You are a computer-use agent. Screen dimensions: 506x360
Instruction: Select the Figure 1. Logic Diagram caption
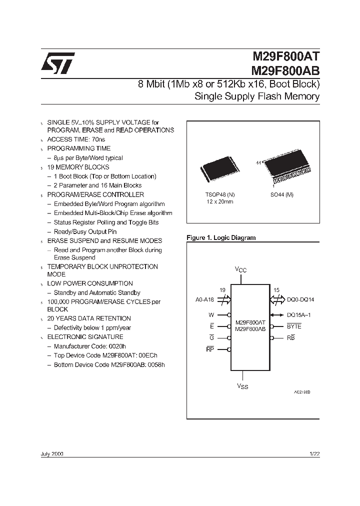(x=220, y=238)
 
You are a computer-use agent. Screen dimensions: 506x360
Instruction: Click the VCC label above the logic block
(x=241, y=269)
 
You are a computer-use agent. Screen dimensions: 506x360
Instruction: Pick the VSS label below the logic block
(x=242, y=386)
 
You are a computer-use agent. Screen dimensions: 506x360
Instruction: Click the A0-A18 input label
(x=205, y=300)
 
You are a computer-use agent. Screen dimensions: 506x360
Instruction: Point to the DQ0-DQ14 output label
(x=300, y=300)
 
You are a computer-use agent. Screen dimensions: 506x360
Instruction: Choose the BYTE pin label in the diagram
(x=294, y=326)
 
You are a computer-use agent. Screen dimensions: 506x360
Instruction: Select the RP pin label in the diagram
(x=210, y=349)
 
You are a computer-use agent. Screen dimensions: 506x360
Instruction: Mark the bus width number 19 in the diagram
(x=222, y=290)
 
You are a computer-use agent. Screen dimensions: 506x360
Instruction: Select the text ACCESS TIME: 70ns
(x=76, y=139)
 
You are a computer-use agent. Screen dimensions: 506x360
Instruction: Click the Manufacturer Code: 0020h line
(x=89, y=346)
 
